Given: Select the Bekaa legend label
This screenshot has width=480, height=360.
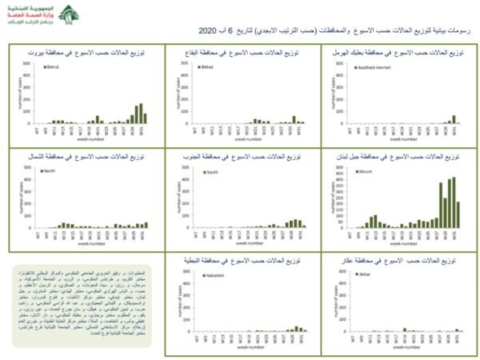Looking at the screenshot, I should [210, 66].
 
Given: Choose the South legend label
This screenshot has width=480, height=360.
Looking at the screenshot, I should [212, 171].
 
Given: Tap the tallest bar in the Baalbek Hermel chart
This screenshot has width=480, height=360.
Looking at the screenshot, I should [454, 119].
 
